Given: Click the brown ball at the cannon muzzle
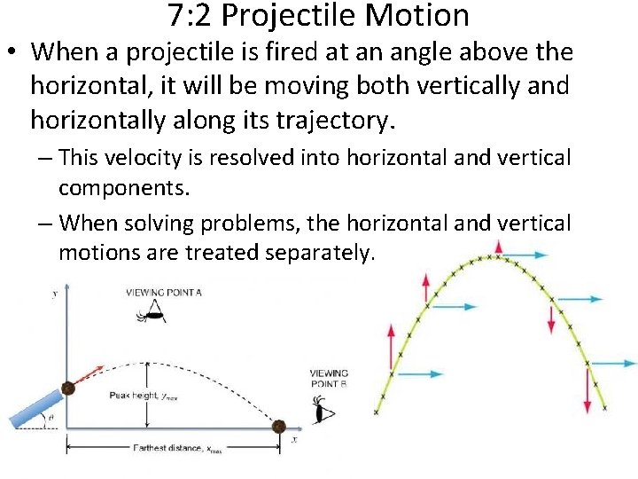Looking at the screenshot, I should [66, 389].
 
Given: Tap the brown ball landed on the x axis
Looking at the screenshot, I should [278, 426].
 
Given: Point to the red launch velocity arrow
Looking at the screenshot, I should [87, 375].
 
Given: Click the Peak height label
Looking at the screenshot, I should [142, 395].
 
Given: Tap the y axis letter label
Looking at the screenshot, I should [55, 293].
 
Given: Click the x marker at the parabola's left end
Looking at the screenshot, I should [377, 412].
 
